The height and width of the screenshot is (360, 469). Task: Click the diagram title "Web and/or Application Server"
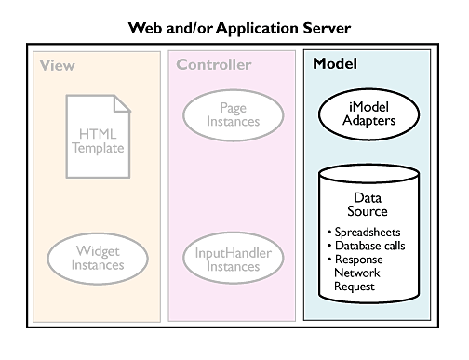click(239, 28)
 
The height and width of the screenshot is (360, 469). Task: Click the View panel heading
click(58, 65)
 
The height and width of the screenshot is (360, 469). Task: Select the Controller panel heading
click(214, 65)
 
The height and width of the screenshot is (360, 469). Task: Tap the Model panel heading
click(335, 63)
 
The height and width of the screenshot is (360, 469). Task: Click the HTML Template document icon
click(98, 137)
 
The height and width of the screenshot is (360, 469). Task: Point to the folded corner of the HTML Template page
click(122, 103)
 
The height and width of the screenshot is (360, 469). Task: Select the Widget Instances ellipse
click(98, 259)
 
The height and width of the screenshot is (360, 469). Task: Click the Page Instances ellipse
click(234, 115)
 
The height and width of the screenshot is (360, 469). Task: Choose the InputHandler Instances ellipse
click(234, 259)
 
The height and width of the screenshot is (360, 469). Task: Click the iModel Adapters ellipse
click(368, 113)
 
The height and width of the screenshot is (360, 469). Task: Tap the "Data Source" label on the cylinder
click(368, 205)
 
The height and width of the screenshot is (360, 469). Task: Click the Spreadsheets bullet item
click(364, 233)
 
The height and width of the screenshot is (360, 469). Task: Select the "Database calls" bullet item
click(367, 246)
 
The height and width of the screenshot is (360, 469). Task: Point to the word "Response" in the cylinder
click(359, 260)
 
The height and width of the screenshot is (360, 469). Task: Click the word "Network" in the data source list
click(357, 273)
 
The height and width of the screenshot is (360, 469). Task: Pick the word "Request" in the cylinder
click(355, 287)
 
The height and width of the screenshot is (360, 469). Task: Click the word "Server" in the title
click(327, 28)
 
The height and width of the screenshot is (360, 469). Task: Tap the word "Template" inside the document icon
click(98, 148)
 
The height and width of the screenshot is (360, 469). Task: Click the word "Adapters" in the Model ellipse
click(369, 121)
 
